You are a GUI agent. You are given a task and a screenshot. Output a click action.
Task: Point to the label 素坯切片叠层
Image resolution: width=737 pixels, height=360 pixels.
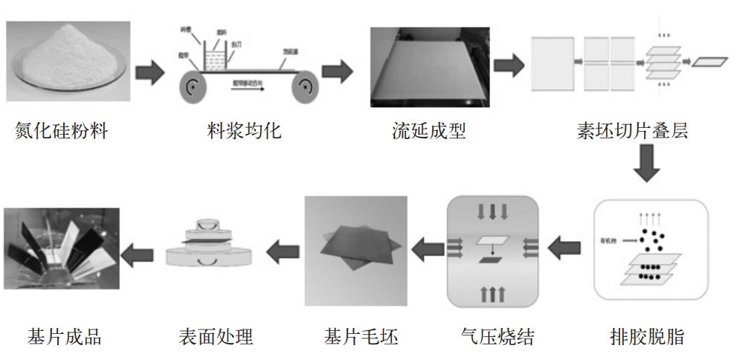click(x=632, y=132)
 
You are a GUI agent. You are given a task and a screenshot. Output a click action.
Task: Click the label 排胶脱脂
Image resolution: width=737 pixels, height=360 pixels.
click(x=646, y=337)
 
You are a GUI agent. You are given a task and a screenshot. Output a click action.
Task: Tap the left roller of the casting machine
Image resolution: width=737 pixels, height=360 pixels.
click(x=196, y=88)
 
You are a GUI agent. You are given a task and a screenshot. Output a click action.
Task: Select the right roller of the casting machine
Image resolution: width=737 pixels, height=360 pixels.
click(x=306, y=88)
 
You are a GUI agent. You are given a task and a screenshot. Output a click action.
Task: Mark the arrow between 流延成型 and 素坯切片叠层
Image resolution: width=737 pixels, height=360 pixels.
click(x=508, y=65)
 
